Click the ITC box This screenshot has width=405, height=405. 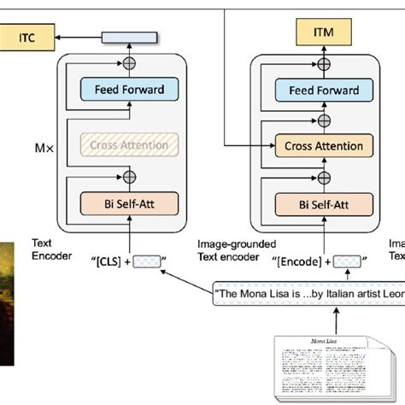click(26, 37)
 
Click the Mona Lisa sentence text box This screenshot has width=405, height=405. click(308, 296)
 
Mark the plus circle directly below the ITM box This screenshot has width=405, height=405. click(323, 63)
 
